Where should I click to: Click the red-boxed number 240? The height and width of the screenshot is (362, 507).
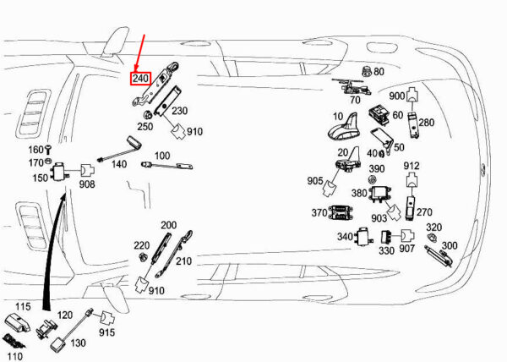pos(140,79)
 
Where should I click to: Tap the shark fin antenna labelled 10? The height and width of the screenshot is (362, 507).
pos(343,129)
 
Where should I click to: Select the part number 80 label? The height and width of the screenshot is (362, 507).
pos(379,71)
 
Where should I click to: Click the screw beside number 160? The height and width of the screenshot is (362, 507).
pos(48,150)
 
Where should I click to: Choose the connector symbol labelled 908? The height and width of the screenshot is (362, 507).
pos(87,170)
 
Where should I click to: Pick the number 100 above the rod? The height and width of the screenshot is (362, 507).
pos(162,156)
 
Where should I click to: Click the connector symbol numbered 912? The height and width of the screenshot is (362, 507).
pos(412,179)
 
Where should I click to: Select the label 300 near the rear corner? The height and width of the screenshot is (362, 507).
pos(450,245)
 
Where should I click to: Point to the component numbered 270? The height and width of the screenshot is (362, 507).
pos(410,208)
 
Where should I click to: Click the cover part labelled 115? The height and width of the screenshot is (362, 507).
pos(17,321)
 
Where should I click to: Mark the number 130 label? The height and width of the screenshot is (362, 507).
pos(78,343)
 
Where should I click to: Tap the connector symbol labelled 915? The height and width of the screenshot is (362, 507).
pos(107,318)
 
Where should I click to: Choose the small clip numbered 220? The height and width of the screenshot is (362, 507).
pos(142,257)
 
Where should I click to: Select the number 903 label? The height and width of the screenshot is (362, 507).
pos(379,219)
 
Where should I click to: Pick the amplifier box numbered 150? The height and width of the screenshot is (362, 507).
pos(60,171)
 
